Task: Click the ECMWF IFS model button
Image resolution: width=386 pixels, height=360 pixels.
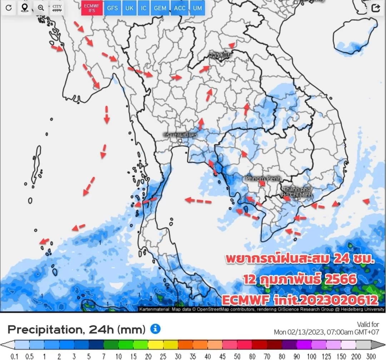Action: tap(92, 8)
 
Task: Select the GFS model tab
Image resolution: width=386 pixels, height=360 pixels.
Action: tap(113, 8)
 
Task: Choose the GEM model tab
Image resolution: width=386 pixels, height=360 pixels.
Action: tap(159, 8)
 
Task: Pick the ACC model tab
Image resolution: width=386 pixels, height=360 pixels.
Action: tap(179, 8)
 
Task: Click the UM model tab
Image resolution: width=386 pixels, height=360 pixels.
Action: tap(197, 8)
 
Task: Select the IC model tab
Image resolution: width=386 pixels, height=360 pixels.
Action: tap(143, 8)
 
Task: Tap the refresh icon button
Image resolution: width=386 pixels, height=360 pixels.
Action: tap(9, 8)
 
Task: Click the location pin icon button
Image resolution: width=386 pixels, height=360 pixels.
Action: tap(25, 8)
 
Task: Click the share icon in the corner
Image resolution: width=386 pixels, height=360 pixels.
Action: tap(376, 8)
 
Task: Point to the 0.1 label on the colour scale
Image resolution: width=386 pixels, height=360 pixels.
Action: tap(15, 356)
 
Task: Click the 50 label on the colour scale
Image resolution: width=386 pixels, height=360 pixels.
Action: tap(237, 356)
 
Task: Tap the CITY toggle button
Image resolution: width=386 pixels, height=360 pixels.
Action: tap(57, 8)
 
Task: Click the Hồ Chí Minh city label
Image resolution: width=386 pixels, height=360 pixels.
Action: tap(297, 192)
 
